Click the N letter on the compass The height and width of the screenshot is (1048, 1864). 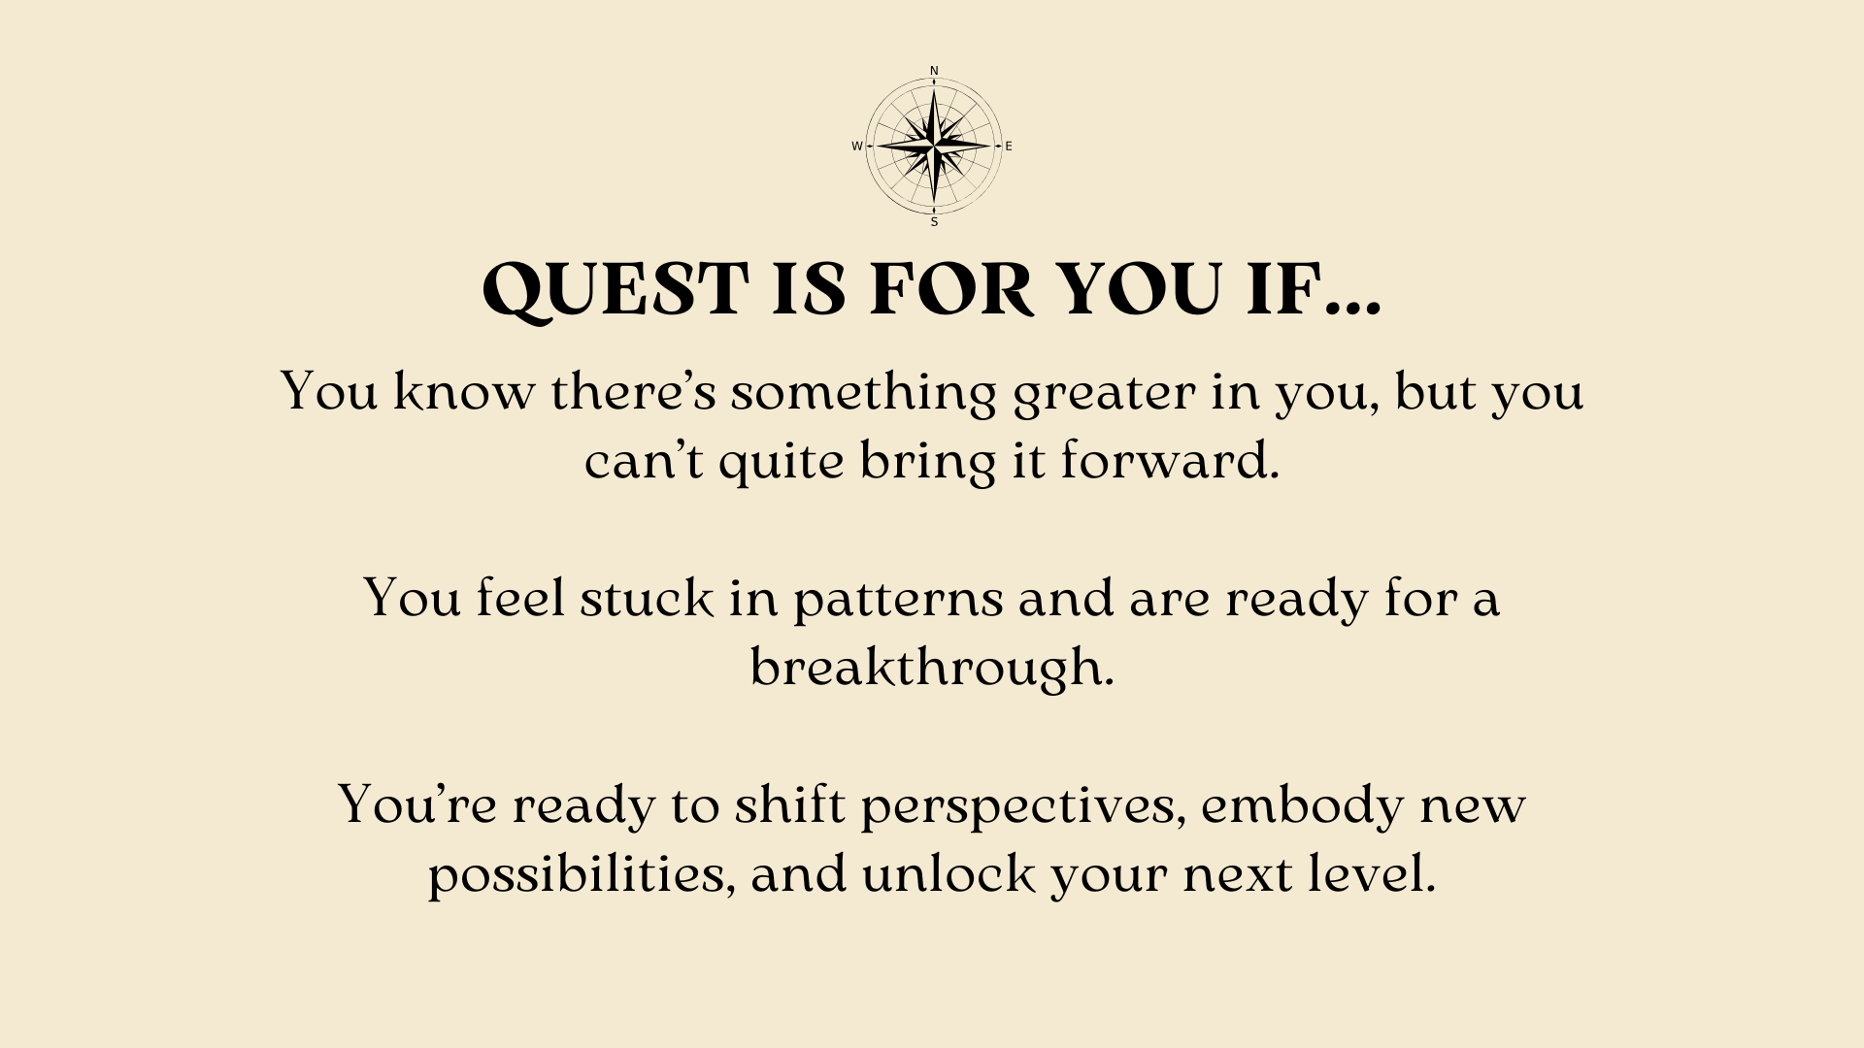934,71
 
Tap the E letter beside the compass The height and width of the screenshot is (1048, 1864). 1009,147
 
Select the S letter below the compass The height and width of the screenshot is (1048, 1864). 934,222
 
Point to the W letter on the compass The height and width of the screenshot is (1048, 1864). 857,147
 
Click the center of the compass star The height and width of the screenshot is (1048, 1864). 934,147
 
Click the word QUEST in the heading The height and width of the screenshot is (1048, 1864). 616,290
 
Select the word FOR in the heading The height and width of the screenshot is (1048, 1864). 951,289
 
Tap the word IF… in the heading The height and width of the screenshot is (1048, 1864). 1314,289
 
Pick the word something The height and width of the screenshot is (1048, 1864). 864,393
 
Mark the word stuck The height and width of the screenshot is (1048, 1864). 647,597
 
